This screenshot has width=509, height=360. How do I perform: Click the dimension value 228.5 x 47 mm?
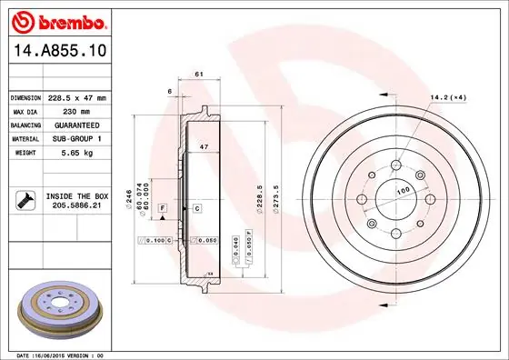tap(76, 97)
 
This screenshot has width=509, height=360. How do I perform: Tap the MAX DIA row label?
tap(25, 111)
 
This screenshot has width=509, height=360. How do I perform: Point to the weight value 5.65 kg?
tap(64, 153)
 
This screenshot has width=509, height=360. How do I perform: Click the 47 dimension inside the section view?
tap(205, 146)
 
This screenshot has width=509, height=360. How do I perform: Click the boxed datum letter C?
tap(196, 209)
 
